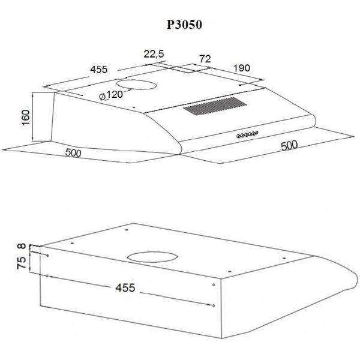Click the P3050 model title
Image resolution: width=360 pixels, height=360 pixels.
click(184, 25)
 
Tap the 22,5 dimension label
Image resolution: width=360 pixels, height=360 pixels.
click(154, 54)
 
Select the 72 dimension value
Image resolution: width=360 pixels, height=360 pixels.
click(205, 59)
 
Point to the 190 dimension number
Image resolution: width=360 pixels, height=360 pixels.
click(242, 68)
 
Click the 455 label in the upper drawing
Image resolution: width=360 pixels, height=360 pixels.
click(99, 70)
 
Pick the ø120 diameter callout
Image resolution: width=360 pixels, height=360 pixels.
click(111, 95)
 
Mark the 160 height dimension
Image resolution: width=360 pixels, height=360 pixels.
click(26, 117)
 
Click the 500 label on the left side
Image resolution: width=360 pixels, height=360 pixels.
click(73, 153)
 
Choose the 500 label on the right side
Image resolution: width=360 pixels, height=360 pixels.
click(289, 145)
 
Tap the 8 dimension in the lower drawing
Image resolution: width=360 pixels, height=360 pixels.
click(22, 246)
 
